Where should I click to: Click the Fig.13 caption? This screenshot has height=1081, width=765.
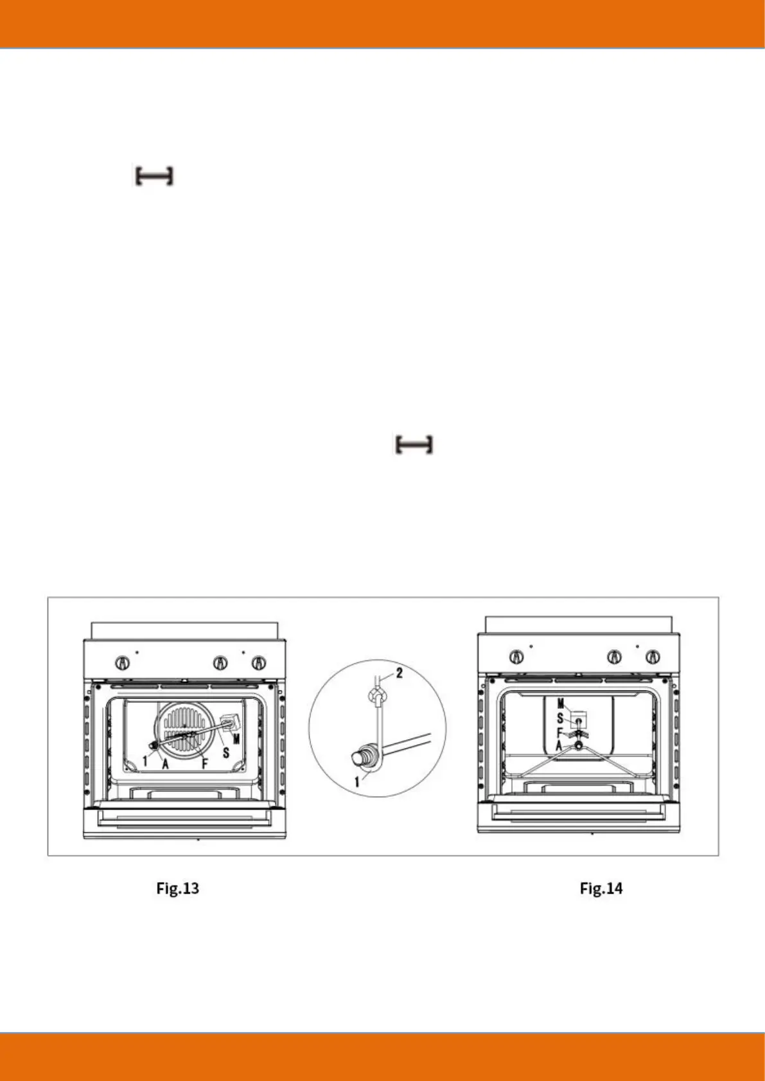(x=177, y=888)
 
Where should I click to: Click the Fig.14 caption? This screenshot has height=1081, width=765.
(x=601, y=888)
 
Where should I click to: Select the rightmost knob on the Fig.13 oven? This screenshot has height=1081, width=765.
(x=258, y=662)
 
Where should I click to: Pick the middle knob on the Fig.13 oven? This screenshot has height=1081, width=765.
(x=220, y=662)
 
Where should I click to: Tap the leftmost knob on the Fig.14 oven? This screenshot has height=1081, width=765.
(x=516, y=657)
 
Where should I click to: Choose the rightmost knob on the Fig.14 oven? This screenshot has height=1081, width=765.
(x=653, y=657)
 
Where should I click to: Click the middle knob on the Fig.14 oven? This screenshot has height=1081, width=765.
(x=615, y=657)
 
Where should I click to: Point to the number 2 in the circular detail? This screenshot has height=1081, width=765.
(x=399, y=673)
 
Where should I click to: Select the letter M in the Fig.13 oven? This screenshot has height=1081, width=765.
(x=236, y=739)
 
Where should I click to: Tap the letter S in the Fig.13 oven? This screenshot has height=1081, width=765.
(x=225, y=752)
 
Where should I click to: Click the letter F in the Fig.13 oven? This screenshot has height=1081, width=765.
(x=204, y=765)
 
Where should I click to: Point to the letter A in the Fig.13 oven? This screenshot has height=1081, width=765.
(x=165, y=765)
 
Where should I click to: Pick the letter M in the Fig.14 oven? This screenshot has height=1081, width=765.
(x=560, y=705)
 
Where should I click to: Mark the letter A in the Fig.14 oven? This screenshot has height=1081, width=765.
(x=559, y=746)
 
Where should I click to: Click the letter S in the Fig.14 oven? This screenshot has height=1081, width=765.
(x=559, y=719)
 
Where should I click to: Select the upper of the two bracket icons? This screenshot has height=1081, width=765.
(x=154, y=176)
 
